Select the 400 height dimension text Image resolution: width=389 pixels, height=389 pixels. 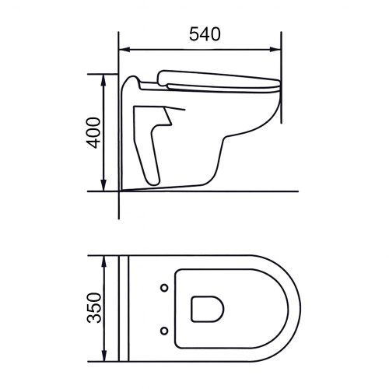pos(92,132)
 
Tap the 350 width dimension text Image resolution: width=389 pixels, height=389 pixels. pos(93,308)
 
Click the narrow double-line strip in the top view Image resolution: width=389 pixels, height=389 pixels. pos(123,308)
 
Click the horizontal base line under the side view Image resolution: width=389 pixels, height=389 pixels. pos(233,190)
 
